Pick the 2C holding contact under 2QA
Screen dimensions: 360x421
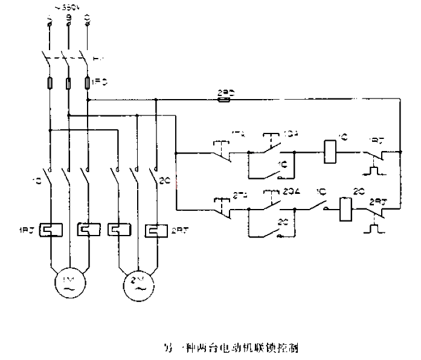271,230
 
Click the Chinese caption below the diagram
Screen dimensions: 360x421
229,348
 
